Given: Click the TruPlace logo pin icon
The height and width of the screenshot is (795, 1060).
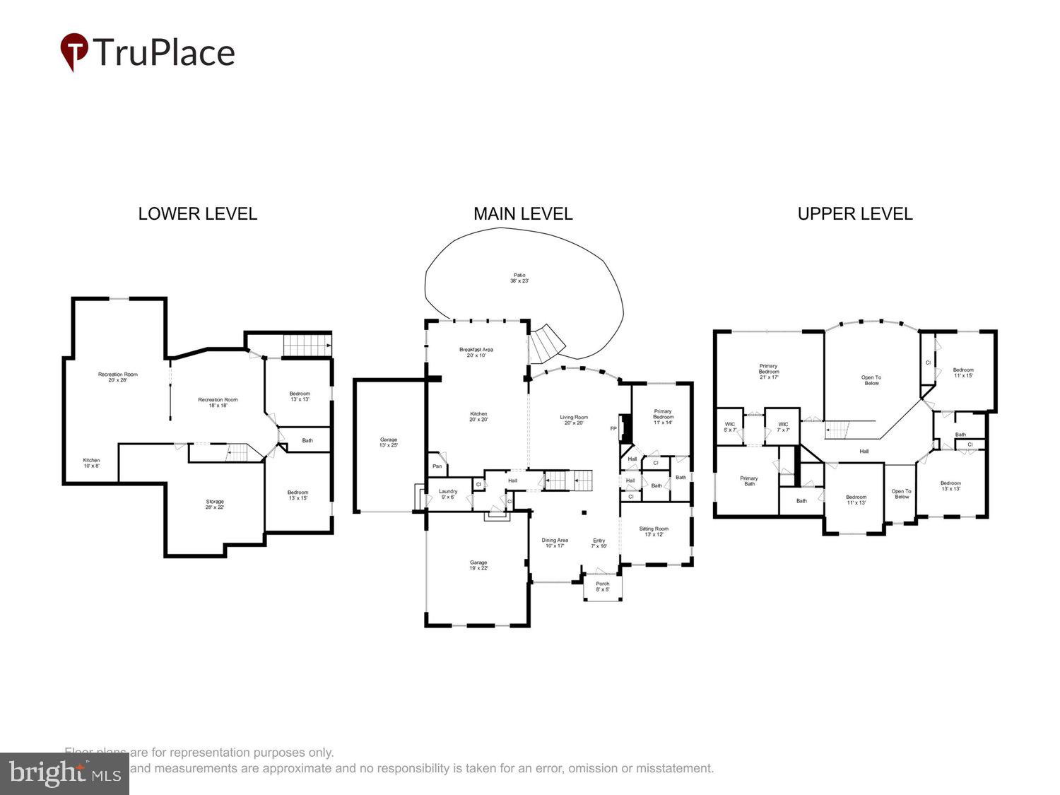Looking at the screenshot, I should [x=73, y=52].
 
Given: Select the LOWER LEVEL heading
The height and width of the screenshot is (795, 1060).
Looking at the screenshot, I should [x=197, y=214].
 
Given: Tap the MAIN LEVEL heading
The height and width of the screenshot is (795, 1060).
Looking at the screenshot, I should [x=523, y=214].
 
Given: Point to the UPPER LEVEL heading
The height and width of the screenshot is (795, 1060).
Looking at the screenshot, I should [x=855, y=214].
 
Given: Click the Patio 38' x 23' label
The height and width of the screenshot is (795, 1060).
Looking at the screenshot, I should [x=519, y=278].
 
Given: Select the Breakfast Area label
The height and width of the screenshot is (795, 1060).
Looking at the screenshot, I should [x=476, y=353].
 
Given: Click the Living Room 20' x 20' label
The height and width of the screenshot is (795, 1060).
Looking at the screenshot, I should [x=573, y=420].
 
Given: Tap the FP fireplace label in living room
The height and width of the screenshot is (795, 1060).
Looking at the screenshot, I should [x=613, y=429].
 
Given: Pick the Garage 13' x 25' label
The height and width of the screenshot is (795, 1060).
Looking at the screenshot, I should [x=388, y=442].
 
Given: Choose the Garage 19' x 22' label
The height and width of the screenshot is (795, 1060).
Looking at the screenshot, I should [x=478, y=565].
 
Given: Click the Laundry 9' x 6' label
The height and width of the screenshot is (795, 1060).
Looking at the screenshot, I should [x=448, y=494].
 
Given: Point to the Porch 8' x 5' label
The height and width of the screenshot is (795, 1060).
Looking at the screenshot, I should [x=602, y=587].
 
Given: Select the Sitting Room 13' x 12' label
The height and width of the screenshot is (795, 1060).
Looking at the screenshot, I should [x=654, y=531].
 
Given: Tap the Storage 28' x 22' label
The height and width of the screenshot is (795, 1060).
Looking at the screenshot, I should [x=215, y=505].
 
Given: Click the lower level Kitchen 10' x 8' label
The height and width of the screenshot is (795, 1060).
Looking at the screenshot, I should [x=91, y=463].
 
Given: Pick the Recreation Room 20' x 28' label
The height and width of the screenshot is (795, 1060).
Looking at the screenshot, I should [x=118, y=377].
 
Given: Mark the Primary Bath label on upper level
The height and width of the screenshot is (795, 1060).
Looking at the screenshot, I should [x=749, y=481].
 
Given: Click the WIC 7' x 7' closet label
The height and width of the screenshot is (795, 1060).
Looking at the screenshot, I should [x=783, y=427].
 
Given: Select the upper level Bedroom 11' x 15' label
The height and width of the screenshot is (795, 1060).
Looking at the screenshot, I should [x=963, y=372].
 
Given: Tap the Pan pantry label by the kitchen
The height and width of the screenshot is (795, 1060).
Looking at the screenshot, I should [x=437, y=466].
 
